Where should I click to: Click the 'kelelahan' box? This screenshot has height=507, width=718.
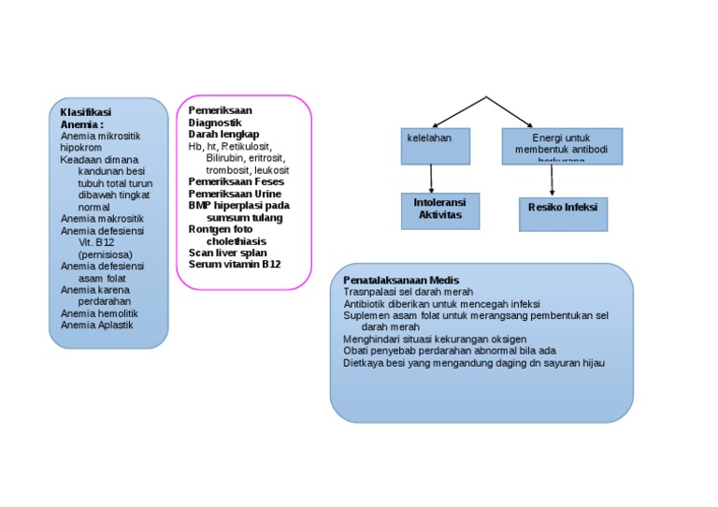(x=435, y=145)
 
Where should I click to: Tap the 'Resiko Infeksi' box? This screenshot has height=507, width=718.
(x=563, y=212)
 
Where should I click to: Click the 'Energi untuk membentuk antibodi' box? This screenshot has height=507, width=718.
(x=561, y=145)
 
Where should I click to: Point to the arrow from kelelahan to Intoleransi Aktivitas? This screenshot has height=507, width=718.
(x=432, y=178)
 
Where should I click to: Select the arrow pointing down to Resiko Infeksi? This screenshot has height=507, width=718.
(x=553, y=180)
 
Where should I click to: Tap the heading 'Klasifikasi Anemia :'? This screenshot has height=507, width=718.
(x=85, y=118)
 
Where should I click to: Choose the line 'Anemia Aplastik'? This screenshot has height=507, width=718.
(x=97, y=326)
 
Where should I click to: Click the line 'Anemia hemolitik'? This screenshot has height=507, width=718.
(x=99, y=314)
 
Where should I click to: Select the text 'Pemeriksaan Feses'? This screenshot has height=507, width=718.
(x=237, y=181)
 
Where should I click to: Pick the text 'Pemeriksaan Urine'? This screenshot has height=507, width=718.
(x=235, y=194)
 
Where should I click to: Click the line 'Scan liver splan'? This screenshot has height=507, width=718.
(x=227, y=253)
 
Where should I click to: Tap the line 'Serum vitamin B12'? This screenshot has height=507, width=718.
(x=234, y=265)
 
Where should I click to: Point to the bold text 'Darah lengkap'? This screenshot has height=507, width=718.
(x=223, y=134)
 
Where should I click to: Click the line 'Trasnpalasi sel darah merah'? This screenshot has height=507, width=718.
(x=408, y=292)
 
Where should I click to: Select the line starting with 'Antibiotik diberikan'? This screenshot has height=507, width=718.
(x=441, y=304)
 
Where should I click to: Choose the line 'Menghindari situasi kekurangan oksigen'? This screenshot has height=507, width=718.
(x=435, y=339)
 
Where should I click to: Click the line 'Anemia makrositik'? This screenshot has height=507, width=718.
(x=102, y=218)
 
